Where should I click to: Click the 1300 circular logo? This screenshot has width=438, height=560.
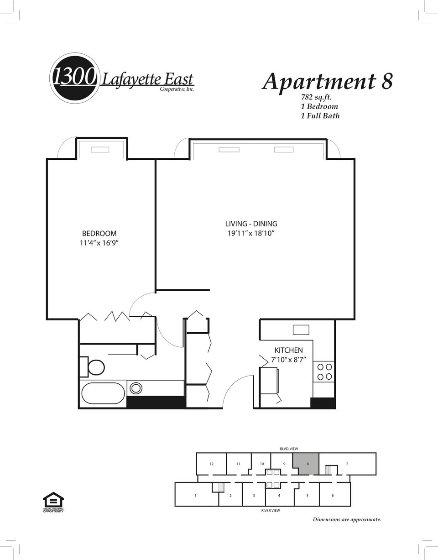(74, 78)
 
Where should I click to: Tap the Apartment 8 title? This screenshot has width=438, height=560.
(327, 82)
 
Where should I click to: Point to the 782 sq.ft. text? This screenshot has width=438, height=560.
(316, 97)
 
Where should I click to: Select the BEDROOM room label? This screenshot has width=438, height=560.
(99, 234)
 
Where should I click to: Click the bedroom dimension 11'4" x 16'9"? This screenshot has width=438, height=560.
(99, 243)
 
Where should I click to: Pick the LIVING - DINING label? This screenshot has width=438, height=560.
(251, 224)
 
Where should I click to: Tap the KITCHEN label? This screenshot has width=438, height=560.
(288, 350)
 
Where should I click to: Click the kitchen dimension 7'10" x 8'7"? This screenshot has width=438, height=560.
(288, 360)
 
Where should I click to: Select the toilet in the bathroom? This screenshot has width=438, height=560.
(92, 367)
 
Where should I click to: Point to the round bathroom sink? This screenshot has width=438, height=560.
(136, 388)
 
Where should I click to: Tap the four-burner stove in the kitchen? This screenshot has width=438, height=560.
(324, 372)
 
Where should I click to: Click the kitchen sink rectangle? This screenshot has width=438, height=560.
(301, 330)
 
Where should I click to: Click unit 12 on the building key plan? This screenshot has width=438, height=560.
(211, 464)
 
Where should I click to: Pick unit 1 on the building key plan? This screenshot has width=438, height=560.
(196, 495)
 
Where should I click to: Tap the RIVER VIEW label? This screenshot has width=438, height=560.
(271, 511)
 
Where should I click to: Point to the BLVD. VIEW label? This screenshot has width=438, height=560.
(289, 449)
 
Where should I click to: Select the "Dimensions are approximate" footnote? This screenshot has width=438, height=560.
(347, 519)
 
